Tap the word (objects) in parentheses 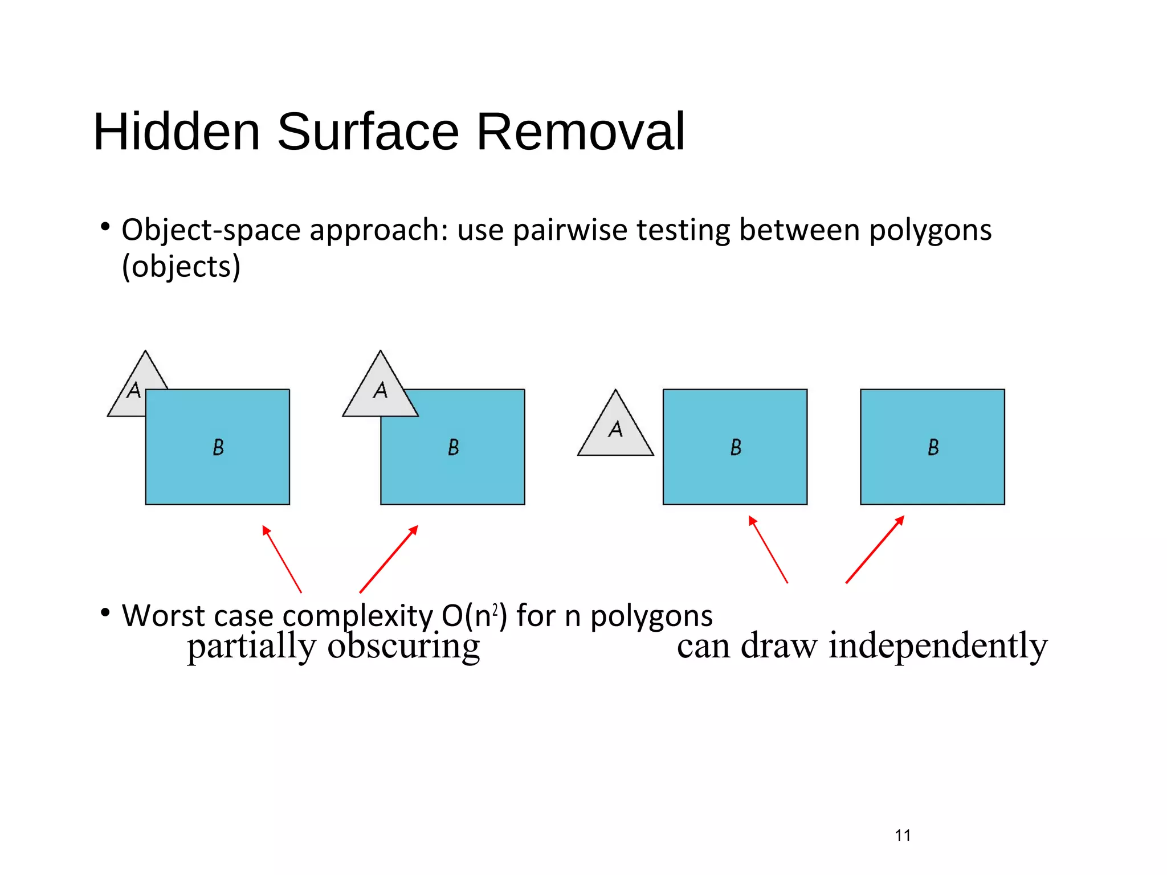pyautogui.click(x=181, y=267)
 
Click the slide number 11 pyautogui.click(x=903, y=835)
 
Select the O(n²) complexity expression pyautogui.click(x=474, y=616)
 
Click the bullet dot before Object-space pyautogui.click(x=105, y=227)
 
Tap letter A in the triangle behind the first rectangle pyautogui.click(x=134, y=390)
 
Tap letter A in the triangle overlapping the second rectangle pyautogui.click(x=381, y=390)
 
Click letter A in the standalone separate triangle pyautogui.click(x=615, y=429)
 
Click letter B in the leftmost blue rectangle pyautogui.click(x=218, y=447)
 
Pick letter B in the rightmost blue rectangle pyautogui.click(x=933, y=447)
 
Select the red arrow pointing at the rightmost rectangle pyautogui.click(x=875, y=549)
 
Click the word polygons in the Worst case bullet pyautogui.click(x=651, y=616)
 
